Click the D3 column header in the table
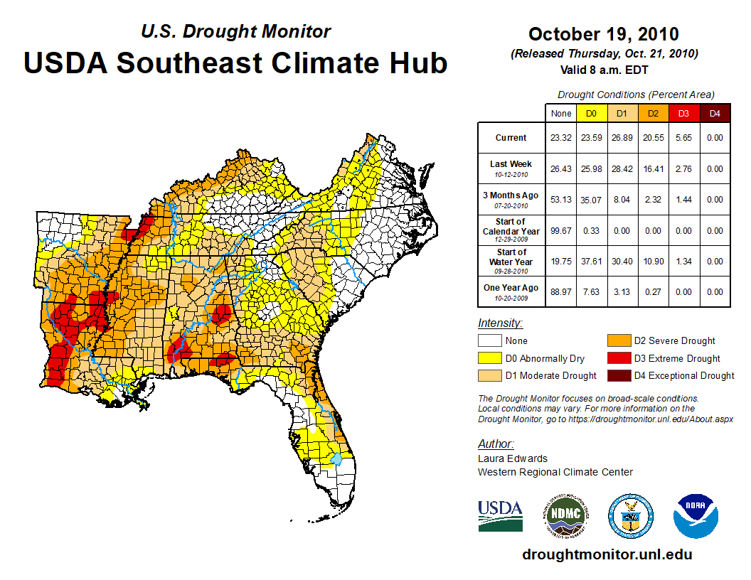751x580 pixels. tap(683, 113)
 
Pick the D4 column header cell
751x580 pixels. tap(715, 113)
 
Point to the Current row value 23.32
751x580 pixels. tap(561, 138)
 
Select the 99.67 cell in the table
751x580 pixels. tap(561, 231)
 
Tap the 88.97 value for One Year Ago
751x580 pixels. tap(561, 291)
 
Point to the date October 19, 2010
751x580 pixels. tap(603, 34)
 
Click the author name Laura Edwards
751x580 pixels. tap(512, 458)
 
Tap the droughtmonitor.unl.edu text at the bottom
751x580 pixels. tap(607, 554)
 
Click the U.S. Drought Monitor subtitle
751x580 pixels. tap(235, 32)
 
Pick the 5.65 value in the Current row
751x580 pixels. tap(683, 138)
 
